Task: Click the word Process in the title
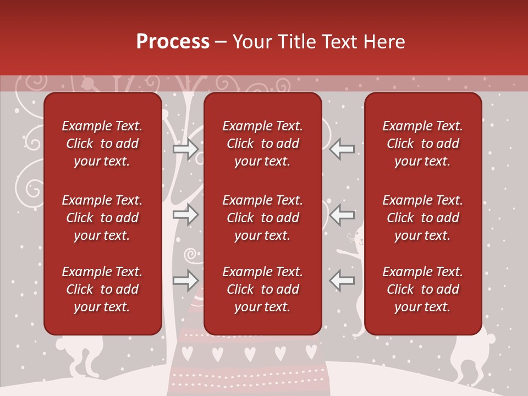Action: [x=173, y=42]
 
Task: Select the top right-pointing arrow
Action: [x=185, y=149]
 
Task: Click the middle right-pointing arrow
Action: [x=185, y=215]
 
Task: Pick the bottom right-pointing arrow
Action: [x=185, y=280]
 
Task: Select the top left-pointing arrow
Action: [x=342, y=149]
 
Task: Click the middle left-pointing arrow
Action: [x=342, y=215]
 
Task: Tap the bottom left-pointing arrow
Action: [x=342, y=280]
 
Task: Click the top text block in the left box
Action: [x=102, y=144]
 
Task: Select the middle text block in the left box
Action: [x=102, y=218]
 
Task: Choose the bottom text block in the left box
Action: [x=102, y=289]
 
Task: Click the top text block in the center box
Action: [x=263, y=144]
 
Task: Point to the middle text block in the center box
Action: [x=263, y=218]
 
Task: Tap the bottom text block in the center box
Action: [x=263, y=289]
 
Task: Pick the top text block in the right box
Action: [x=423, y=144]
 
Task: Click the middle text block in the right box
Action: [x=423, y=218]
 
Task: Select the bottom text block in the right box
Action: [x=423, y=289]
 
